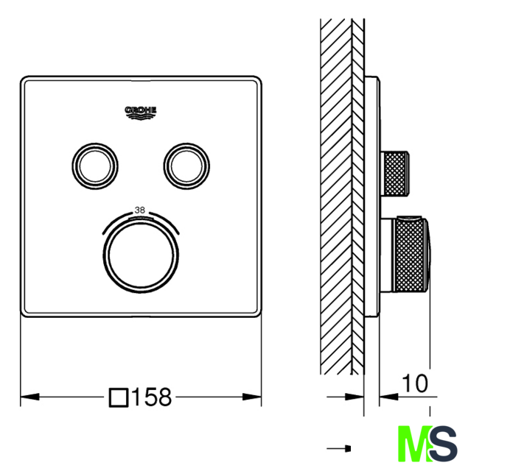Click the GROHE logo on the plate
coord(141,113)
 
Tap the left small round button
coord(95,166)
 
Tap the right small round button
coord(186,166)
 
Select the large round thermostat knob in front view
coord(141,255)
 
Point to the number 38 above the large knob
coord(139,210)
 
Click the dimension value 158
coord(152,397)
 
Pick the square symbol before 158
coord(119,397)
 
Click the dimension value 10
coord(415,383)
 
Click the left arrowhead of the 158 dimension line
coord(30,397)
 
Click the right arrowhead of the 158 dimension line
coord(252,397)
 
